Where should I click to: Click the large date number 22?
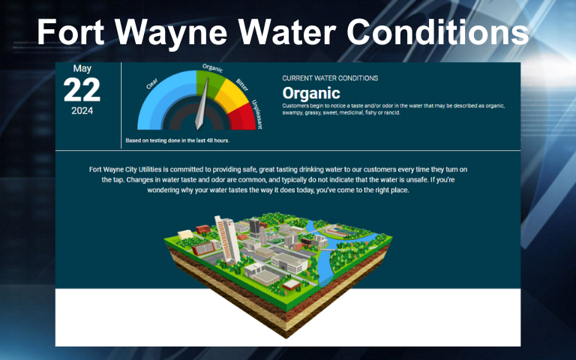(x=82, y=90)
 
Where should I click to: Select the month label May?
(x=82, y=69)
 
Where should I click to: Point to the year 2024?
(x=82, y=111)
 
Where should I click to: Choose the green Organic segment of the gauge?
(x=206, y=82)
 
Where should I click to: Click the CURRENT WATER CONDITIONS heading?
(x=330, y=78)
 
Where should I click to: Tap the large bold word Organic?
(x=310, y=94)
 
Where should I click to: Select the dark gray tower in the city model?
(x=254, y=226)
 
